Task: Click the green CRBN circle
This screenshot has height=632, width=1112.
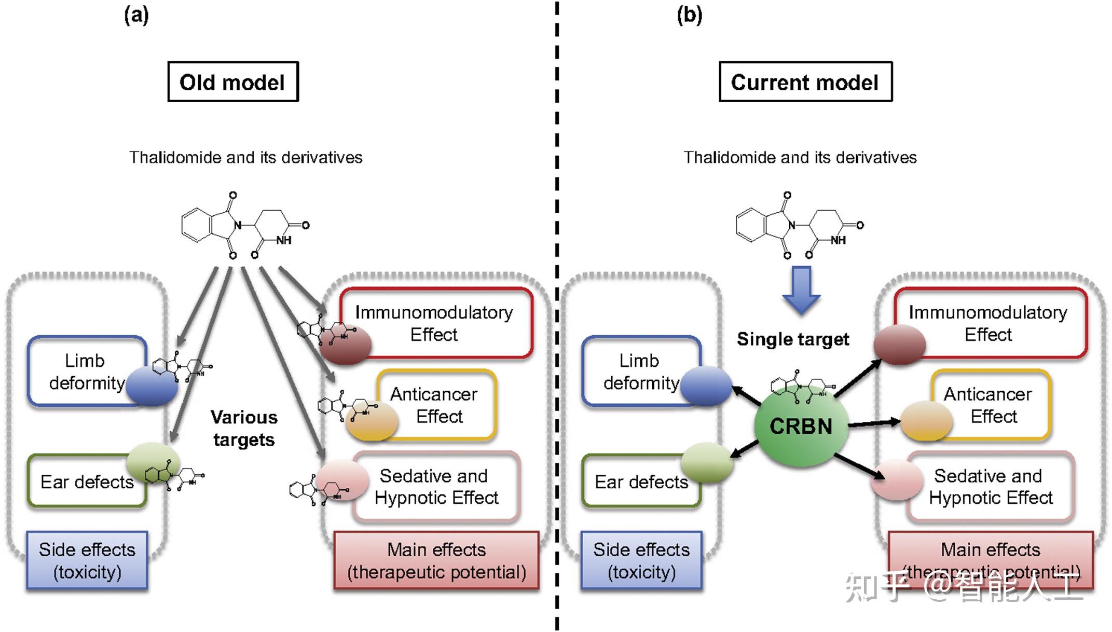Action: click(801, 427)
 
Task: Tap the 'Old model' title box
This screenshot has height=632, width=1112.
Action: click(232, 82)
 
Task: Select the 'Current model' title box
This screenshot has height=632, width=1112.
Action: click(805, 82)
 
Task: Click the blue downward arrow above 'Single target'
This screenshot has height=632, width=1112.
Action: click(801, 290)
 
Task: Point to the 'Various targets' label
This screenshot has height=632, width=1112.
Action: click(243, 429)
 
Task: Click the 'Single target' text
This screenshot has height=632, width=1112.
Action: click(792, 339)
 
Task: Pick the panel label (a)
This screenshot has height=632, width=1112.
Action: click(136, 16)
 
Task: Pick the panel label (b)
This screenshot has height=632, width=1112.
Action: click(689, 16)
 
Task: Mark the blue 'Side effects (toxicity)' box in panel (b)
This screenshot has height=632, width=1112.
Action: click(641, 560)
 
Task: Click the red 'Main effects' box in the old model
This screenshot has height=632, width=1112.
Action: click(436, 560)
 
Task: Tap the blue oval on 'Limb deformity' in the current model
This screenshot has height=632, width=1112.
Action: click(705, 386)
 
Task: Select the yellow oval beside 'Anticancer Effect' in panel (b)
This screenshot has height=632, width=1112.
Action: click(926, 421)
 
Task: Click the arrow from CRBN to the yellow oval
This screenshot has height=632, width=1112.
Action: click(874, 424)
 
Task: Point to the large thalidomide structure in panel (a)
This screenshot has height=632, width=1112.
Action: click(244, 226)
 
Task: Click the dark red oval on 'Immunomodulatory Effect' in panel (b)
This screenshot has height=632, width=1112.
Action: click(899, 344)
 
